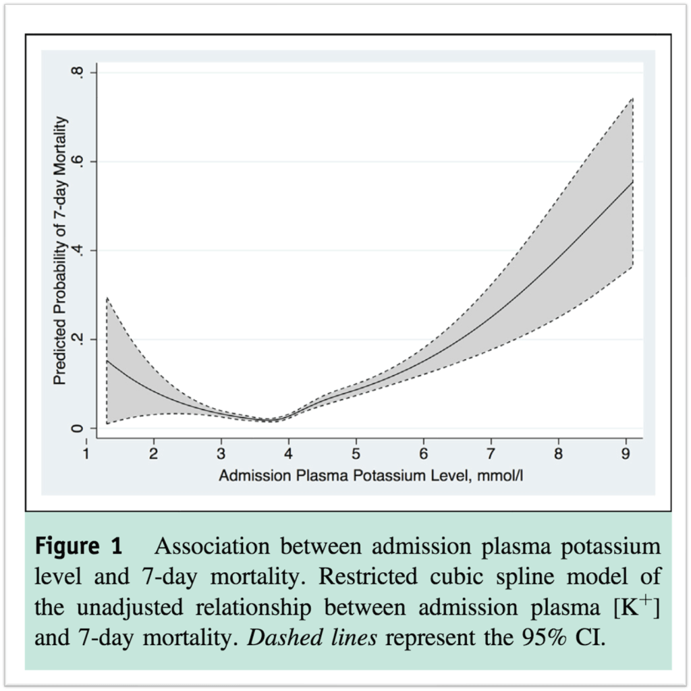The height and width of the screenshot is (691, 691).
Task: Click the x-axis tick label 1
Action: point(86,453)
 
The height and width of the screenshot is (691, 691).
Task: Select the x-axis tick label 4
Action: point(289,453)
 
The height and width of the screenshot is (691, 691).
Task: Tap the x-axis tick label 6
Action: point(424,453)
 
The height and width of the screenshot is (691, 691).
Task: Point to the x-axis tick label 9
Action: point(626,453)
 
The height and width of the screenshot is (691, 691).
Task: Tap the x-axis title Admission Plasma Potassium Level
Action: point(371,476)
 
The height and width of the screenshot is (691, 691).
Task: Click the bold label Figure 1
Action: point(78,547)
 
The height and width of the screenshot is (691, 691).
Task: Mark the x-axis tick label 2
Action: point(154,453)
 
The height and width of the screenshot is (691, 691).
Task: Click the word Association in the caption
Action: point(213,547)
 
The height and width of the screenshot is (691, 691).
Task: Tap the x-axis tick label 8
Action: point(559,453)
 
